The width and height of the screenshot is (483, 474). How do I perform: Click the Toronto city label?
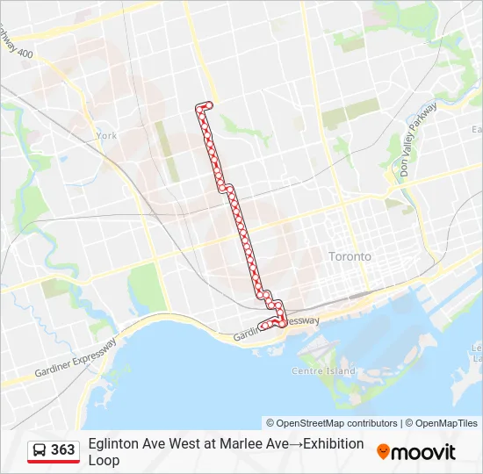click(350, 256)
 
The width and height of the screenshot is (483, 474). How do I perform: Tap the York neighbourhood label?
click(106, 136)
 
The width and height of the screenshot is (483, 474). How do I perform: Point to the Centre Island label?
click(323, 370)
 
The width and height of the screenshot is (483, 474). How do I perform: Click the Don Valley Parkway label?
click(416, 140)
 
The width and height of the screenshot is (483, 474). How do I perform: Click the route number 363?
click(63, 450)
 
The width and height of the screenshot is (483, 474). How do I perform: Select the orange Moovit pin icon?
click(384, 452)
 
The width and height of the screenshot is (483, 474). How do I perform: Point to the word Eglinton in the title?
click(113, 444)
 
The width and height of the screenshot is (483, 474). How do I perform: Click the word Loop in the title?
click(104, 460)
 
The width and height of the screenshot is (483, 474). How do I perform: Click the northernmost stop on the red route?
click(209, 105)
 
